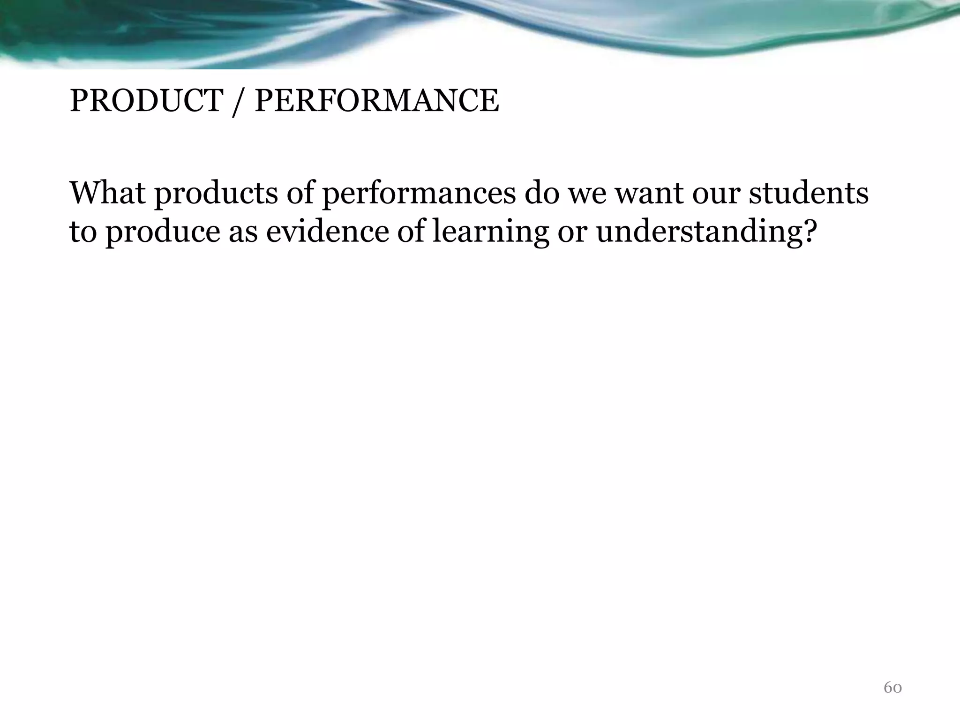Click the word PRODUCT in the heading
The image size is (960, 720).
146,101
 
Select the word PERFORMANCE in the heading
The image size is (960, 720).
376,101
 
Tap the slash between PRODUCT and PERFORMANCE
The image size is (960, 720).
238,102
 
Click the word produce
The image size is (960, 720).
162,232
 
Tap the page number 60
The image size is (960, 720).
892,688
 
